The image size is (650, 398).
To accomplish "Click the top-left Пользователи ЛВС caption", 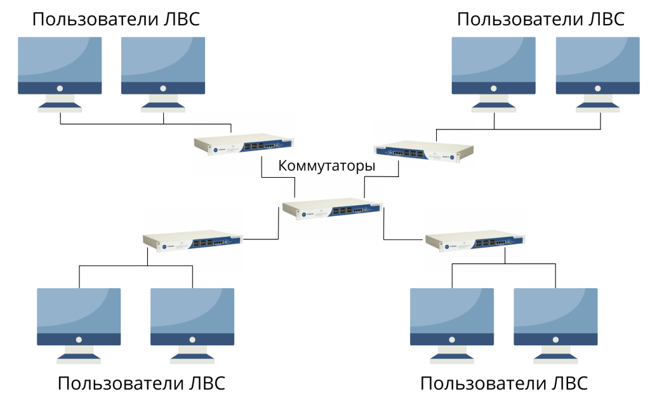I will pos(116,18).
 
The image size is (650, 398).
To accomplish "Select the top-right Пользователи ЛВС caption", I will pos(541,18).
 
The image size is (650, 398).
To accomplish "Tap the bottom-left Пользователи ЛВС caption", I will pos(141,383).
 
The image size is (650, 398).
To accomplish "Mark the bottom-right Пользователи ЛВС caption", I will pos(504,383).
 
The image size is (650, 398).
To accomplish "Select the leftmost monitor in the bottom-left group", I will pos(79,317).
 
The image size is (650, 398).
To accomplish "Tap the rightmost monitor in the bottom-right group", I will pos(555,317).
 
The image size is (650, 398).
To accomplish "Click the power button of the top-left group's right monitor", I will pos(163,88).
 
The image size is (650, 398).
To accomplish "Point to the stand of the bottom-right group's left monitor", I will pos(451,354).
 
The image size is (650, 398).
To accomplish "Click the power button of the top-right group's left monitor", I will pos(493,88).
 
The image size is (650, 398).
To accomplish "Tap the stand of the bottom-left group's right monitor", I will pos(192,354).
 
